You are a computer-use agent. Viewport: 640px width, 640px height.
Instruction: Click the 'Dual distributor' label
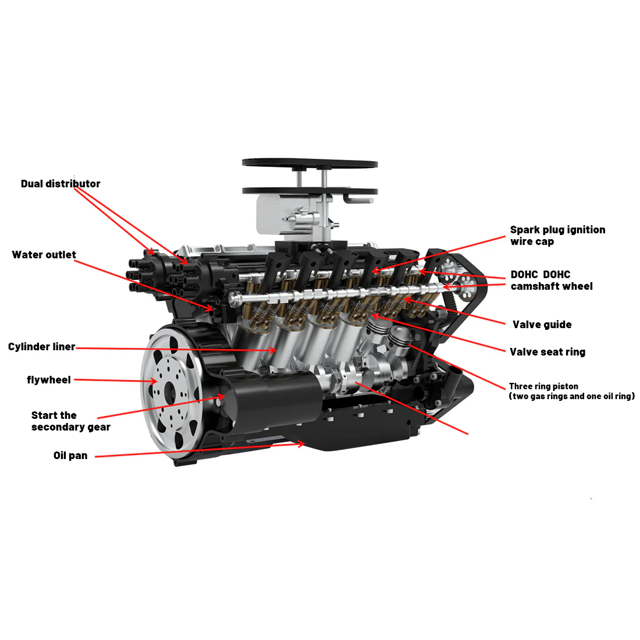coord(61,184)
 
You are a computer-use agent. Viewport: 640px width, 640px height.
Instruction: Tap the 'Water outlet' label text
coord(44,255)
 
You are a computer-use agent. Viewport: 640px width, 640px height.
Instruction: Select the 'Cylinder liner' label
coord(41,347)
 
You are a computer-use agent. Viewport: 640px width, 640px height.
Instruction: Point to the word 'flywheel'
coord(49,380)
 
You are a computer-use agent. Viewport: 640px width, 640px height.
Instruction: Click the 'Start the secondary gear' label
coord(70,421)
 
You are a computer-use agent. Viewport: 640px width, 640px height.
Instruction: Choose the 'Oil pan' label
coord(70,456)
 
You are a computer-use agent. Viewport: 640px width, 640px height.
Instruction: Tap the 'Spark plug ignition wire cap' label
coord(557,236)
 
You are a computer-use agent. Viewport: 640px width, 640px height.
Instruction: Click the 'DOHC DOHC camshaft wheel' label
coord(551,280)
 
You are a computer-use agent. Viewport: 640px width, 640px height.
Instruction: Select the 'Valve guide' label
coord(542,325)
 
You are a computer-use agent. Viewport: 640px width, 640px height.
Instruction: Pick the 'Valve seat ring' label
coord(547,352)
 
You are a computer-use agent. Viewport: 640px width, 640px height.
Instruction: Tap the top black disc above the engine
coord(310,163)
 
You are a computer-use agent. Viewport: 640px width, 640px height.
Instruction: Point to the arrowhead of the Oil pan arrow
coord(303,444)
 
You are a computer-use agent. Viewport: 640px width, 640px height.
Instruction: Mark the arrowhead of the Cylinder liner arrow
coord(274,350)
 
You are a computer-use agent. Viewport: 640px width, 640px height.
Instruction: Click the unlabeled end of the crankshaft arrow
coord(467,434)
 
